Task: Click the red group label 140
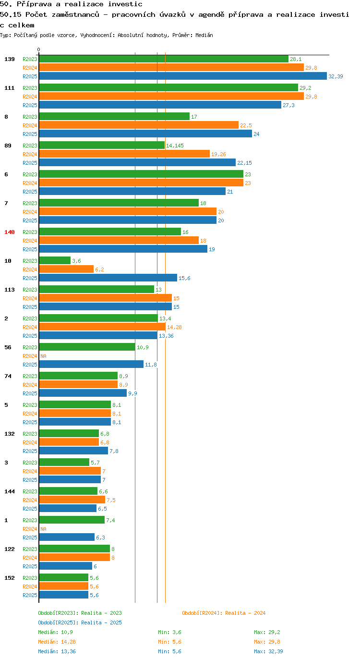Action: coord(10,232)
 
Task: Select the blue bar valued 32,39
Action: coord(183,76)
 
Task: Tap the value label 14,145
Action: coord(175,146)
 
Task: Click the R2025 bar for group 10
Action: coord(108,278)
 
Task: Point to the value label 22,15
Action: coord(244,163)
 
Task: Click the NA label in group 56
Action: coord(43,356)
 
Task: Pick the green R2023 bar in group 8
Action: coord(114,116)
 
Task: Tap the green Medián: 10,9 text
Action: coord(55,632)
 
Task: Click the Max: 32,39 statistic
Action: coord(268,651)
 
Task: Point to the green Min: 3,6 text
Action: coord(169,632)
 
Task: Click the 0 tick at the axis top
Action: coord(38,49)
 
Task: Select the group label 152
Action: coord(10,578)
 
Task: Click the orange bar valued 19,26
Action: coord(124,154)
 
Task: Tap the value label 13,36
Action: coord(166,336)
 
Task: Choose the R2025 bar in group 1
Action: coord(67,537)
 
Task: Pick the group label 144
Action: coord(10,491)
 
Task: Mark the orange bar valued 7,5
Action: coord(72,500)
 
